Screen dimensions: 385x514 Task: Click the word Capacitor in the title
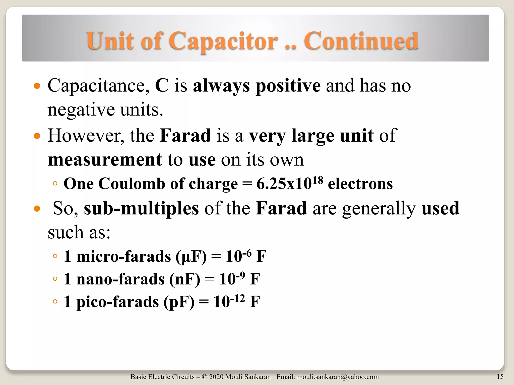point(223,41)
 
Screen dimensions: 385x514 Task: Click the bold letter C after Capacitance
point(162,85)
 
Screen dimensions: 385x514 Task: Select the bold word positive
point(288,86)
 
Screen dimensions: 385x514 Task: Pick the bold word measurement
point(105,159)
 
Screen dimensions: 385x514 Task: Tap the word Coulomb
point(133,184)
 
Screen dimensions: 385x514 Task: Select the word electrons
point(360,184)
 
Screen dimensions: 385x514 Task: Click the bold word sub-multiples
point(141,208)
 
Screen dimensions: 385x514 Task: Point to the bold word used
point(440,208)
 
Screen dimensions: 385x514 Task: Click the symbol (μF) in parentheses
point(191,257)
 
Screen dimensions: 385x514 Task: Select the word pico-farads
point(118,302)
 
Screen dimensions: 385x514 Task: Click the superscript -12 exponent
point(237,298)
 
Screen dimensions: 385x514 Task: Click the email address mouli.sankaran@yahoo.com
point(338,377)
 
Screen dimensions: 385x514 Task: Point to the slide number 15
point(500,376)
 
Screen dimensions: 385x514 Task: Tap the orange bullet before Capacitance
point(37,86)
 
